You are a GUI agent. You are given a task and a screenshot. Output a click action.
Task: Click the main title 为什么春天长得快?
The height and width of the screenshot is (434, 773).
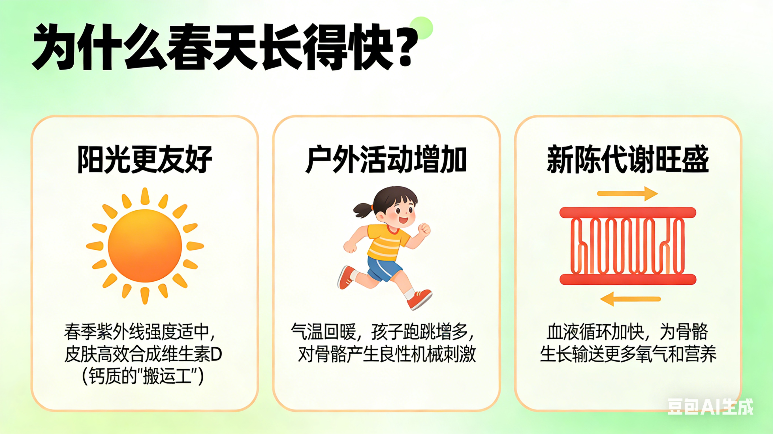(x=225, y=47)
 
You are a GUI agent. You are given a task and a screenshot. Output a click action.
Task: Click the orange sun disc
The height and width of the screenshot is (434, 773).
(x=145, y=246)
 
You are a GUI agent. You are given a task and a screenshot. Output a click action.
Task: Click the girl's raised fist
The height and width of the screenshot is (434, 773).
(x=424, y=229)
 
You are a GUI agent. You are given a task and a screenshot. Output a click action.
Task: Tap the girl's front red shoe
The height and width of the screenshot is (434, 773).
(x=420, y=299)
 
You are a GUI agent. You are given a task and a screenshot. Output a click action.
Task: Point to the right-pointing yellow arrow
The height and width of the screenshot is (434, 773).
(x=627, y=194)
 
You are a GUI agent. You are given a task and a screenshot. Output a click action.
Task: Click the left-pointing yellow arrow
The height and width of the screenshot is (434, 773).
(x=630, y=299)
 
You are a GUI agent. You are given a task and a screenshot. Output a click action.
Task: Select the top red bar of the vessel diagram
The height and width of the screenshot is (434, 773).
(x=628, y=213)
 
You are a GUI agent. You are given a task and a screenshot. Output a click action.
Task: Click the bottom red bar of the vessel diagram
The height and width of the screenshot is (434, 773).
(x=628, y=279)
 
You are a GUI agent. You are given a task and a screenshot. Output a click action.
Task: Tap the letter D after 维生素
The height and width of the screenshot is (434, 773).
(x=216, y=354)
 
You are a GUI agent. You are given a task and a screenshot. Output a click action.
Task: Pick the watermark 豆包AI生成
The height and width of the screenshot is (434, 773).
(x=710, y=407)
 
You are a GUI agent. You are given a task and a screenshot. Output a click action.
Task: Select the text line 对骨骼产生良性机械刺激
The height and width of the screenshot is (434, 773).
(x=387, y=355)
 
